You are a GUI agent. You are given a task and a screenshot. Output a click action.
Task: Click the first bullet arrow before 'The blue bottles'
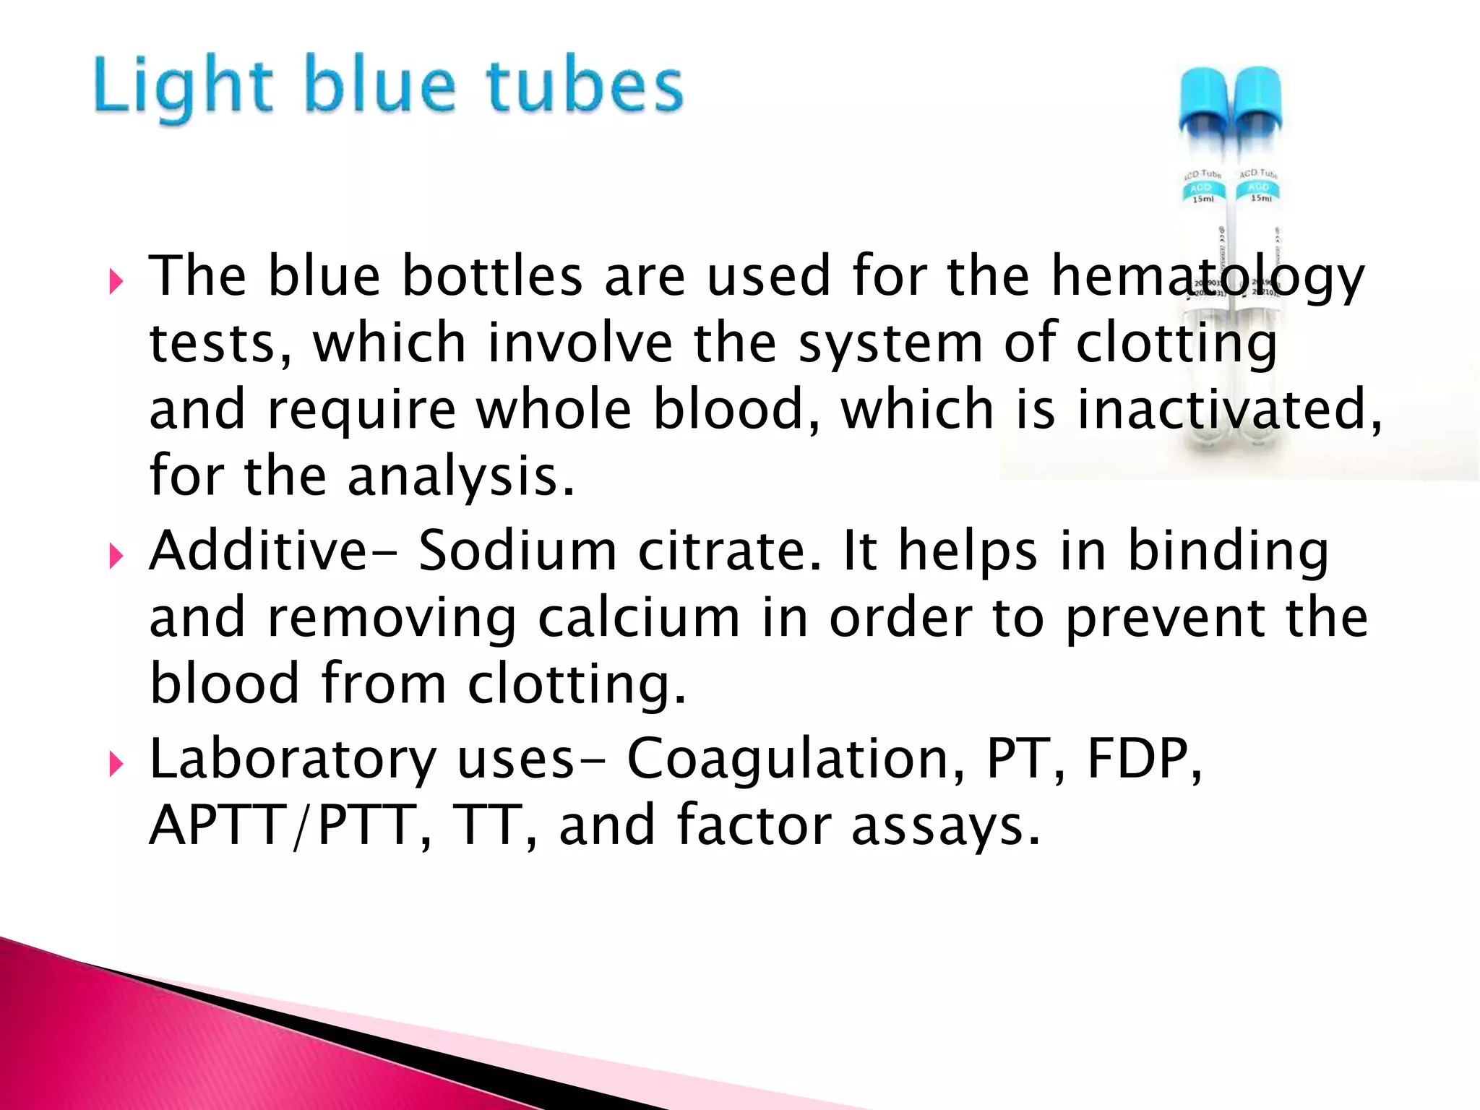[x=116, y=281]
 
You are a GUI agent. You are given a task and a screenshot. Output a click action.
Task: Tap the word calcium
[x=639, y=619]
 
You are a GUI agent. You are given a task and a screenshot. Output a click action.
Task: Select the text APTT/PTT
[x=281, y=825]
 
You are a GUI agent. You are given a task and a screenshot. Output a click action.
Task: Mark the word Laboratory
[x=293, y=760]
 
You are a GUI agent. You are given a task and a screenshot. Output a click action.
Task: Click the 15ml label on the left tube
[x=1203, y=199]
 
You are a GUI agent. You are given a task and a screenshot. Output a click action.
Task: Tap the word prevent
[x=1164, y=619]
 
